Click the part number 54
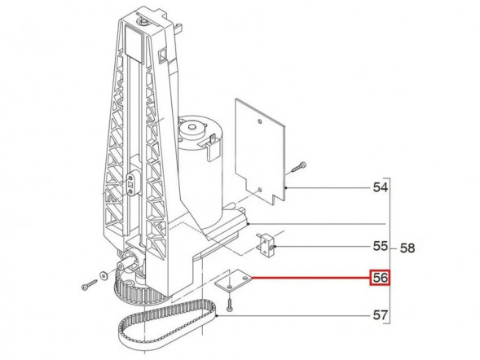380,188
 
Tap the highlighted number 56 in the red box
380,279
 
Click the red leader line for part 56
310,279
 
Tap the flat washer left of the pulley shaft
103,274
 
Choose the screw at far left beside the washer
88,286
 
